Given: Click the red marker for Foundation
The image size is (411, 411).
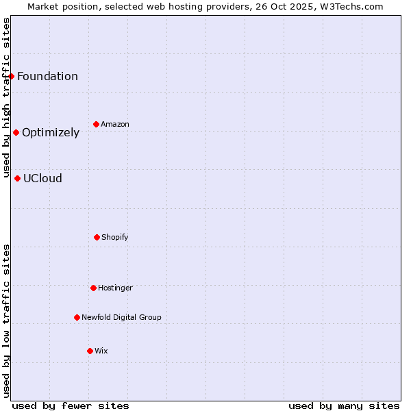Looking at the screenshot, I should pyautogui.click(x=12, y=76).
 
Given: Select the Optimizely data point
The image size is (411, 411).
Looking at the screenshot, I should pyautogui.click(x=16, y=132).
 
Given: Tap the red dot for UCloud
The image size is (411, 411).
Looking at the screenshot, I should pyautogui.click(x=17, y=178).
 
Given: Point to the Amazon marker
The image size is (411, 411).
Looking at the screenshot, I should pyautogui.click(x=96, y=124).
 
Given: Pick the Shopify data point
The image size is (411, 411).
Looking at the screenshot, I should pyautogui.click(x=97, y=237).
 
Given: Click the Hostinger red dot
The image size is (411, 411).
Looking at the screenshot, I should pyautogui.click(x=93, y=288).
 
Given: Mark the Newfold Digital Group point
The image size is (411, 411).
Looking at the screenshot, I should pyautogui.click(x=77, y=317).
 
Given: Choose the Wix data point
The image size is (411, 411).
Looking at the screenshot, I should pyautogui.click(x=90, y=351).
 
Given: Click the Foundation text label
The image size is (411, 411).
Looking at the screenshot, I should pyautogui.click(x=47, y=76).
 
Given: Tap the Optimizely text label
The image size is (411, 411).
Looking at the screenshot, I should pyautogui.click(x=51, y=132).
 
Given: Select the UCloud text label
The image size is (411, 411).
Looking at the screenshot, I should pyautogui.click(x=42, y=178).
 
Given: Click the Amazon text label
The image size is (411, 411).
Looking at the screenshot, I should pyautogui.click(x=115, y=124).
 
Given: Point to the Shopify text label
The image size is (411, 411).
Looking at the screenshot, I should pyautogui.click(x=115, y=237).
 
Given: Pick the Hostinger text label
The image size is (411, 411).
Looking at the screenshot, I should pyautogui.click(x=115, y=288).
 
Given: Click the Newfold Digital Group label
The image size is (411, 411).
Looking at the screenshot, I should pyautogui.click(x=121, y=317).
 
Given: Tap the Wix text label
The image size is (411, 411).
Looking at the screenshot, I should pyautogui.click(x=101, y=351).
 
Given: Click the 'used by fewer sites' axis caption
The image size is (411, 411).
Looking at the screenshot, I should pyautogui.click(x=71, y=406).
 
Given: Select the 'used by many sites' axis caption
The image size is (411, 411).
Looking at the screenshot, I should pyautogui.click(x=344, y=406).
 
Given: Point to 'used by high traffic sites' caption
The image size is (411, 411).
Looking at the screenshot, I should pyautogui.click(x=6, y=97).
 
